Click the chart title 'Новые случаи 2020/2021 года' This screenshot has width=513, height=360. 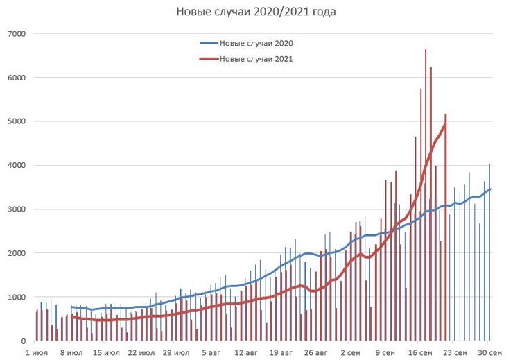point(256,12)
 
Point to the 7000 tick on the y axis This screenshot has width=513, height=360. point(16,33)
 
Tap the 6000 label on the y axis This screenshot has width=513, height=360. point(16,78)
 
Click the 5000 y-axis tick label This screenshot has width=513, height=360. point(16,121)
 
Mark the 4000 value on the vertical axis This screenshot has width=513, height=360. point(16,165)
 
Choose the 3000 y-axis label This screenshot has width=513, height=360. point(16,209)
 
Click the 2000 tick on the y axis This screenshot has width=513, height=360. point(16,253)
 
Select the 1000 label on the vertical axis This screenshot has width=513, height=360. point(16,298)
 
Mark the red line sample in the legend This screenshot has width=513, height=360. point(209,59)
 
